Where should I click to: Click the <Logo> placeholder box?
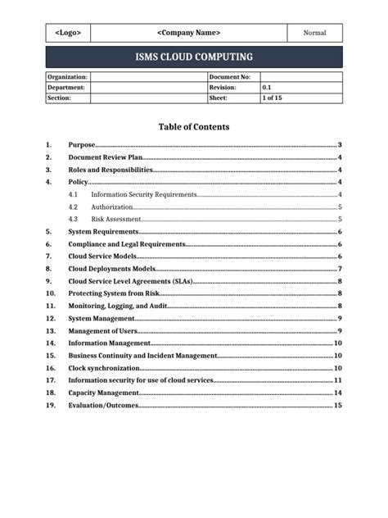67,33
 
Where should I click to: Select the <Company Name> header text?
188,33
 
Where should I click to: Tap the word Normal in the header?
314,33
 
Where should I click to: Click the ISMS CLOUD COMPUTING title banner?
194,57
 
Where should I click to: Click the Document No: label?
230,76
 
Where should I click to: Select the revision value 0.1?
267,87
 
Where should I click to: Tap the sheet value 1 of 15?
272,98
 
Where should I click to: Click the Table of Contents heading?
193,127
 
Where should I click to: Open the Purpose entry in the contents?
82,144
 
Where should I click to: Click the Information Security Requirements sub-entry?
144,194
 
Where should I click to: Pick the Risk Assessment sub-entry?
114,219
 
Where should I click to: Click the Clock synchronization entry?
104,368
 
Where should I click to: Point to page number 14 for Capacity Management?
337,393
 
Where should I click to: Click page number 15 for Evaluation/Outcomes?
337,406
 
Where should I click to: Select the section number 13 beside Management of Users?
51,330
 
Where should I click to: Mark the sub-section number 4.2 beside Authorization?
74,207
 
